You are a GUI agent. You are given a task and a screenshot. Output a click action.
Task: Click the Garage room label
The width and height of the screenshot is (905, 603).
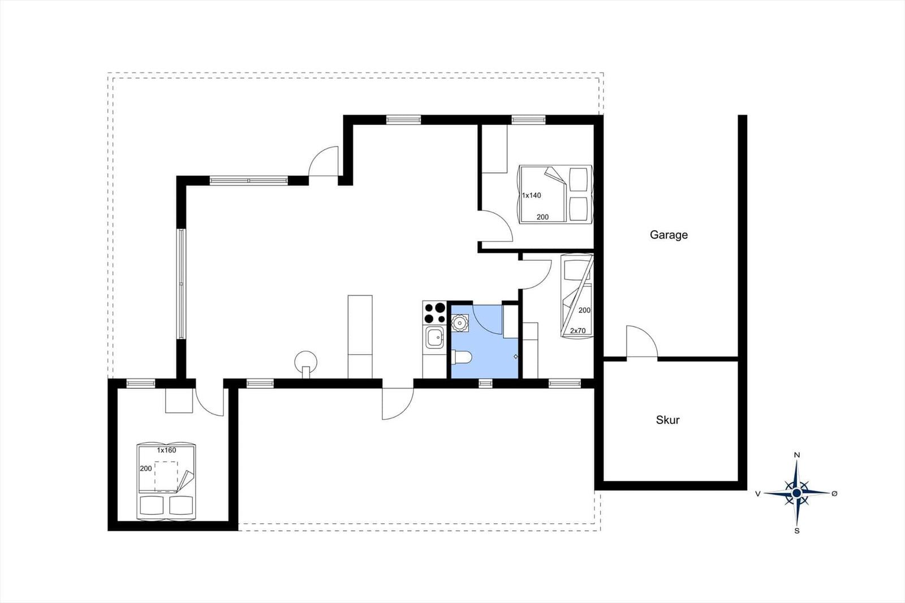pos(669,235)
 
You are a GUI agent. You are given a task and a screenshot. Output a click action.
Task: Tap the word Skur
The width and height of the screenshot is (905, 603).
pos(668,420)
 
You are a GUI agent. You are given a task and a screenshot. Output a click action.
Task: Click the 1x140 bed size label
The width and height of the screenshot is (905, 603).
pos(531,196)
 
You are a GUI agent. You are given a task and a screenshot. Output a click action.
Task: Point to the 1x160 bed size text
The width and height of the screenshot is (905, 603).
pos(166,450)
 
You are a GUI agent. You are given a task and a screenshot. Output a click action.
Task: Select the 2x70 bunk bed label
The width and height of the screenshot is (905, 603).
pos(578,330)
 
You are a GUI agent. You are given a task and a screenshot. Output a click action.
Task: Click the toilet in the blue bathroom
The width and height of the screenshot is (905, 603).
pos(462,358)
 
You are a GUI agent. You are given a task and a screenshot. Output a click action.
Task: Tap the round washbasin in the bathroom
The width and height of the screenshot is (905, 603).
pos(460,324)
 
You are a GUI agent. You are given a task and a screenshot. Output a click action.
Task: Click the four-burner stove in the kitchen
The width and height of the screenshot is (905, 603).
pos(435,313)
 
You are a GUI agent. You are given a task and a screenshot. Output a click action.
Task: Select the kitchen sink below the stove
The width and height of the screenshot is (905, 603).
pos(435,337)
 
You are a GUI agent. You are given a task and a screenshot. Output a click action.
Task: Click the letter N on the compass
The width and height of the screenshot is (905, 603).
pos(797,455)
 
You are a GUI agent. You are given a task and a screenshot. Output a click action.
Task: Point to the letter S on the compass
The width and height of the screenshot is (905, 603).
pos(797,531)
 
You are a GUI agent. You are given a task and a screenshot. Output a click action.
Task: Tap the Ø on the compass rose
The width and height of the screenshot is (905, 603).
pos(835,493)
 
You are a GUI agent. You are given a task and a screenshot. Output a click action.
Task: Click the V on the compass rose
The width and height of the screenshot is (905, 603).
pos(758,493)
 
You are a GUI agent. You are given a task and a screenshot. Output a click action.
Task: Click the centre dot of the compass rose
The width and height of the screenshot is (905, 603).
pos(797,493)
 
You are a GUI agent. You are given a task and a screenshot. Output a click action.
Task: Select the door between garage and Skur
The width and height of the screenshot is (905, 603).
pos(642,342)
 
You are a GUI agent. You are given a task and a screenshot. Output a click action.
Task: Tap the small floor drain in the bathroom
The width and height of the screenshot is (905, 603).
pos(515,356)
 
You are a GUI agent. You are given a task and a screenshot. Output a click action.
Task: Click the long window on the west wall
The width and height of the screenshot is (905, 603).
pos(182,284)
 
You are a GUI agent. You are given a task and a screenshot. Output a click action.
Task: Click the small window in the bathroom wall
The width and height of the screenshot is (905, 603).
pos(485,383)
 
